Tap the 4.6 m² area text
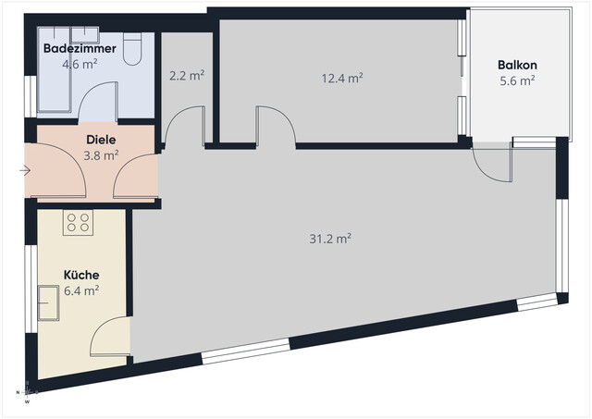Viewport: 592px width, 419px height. (80, 65)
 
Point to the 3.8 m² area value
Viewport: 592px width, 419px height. (102, 155)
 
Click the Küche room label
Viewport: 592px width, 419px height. (80, 275)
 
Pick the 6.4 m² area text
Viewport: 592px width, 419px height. (81, 290)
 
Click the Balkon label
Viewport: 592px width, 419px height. (517, 65)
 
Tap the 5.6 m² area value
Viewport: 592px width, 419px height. (517, 80)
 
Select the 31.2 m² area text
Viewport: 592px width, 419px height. (330, 239)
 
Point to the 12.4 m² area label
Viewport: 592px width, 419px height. (341, 79)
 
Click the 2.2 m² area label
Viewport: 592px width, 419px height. (188, 76)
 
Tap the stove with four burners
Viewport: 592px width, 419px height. (78, 222)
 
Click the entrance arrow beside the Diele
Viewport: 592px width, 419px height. (24, 170)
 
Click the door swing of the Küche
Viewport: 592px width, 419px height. (111, 338)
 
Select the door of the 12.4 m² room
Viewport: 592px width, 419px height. (276, 126)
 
